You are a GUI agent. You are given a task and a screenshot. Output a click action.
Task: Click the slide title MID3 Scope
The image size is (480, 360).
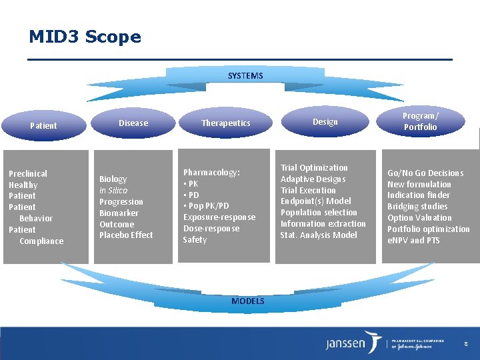click(x=85, y=37)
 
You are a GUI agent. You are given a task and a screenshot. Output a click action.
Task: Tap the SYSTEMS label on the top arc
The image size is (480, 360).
click(x=245, y=76)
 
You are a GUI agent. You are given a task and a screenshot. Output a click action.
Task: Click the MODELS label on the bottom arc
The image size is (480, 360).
click(x=247, y=301)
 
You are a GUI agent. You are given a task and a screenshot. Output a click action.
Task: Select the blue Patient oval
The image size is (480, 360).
click(x=43, y=125)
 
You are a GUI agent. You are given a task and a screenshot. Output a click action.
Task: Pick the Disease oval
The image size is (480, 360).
click(x=133, y=123)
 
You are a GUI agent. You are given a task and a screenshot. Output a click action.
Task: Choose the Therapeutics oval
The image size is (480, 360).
click(x=226, y=123)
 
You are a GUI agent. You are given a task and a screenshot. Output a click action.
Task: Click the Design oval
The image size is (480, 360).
click(x=325, y=121)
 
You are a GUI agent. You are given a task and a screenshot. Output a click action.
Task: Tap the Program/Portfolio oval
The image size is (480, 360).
click(x=420, y=121)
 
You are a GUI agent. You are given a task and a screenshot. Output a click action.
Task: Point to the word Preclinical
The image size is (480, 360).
click(x=28, y=174)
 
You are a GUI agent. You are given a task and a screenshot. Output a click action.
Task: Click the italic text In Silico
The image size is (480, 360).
click(x=113, y=191)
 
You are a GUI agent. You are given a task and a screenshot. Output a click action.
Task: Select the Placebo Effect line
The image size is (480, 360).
click(x=126, y=235)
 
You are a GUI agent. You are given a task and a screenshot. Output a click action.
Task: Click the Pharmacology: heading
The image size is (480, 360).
click(x=211, y=173)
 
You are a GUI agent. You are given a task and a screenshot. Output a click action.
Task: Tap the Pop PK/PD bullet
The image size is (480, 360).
click(x=206, y=206)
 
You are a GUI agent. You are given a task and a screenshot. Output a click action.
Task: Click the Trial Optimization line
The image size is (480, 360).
click(x=314, y=168)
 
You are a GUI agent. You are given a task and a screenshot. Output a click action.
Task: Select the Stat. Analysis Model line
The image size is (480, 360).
click(x=319, y=235)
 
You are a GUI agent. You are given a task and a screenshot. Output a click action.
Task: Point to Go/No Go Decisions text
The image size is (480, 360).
click(x=425, y=173)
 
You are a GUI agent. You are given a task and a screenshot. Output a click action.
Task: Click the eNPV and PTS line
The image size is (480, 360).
click(x=413, y=241)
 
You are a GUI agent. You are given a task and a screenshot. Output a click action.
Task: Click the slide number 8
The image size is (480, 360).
click(x=466, y=343)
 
